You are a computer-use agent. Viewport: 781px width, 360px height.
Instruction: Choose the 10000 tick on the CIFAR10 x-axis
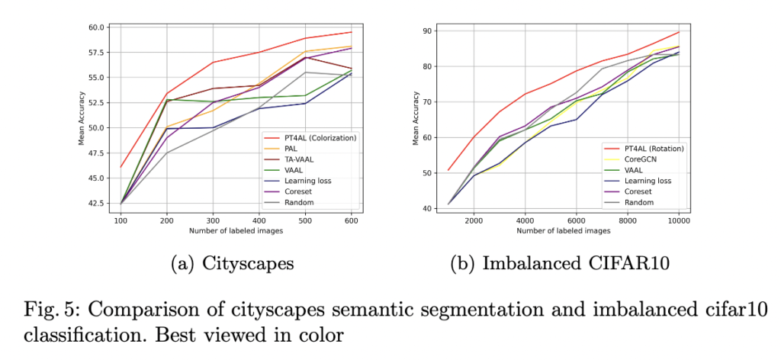tap(678, 220)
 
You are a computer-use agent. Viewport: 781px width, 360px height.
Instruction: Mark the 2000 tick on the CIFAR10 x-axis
tap(474, 220)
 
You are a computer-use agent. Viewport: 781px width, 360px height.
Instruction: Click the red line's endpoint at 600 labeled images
tap(351, 32)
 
